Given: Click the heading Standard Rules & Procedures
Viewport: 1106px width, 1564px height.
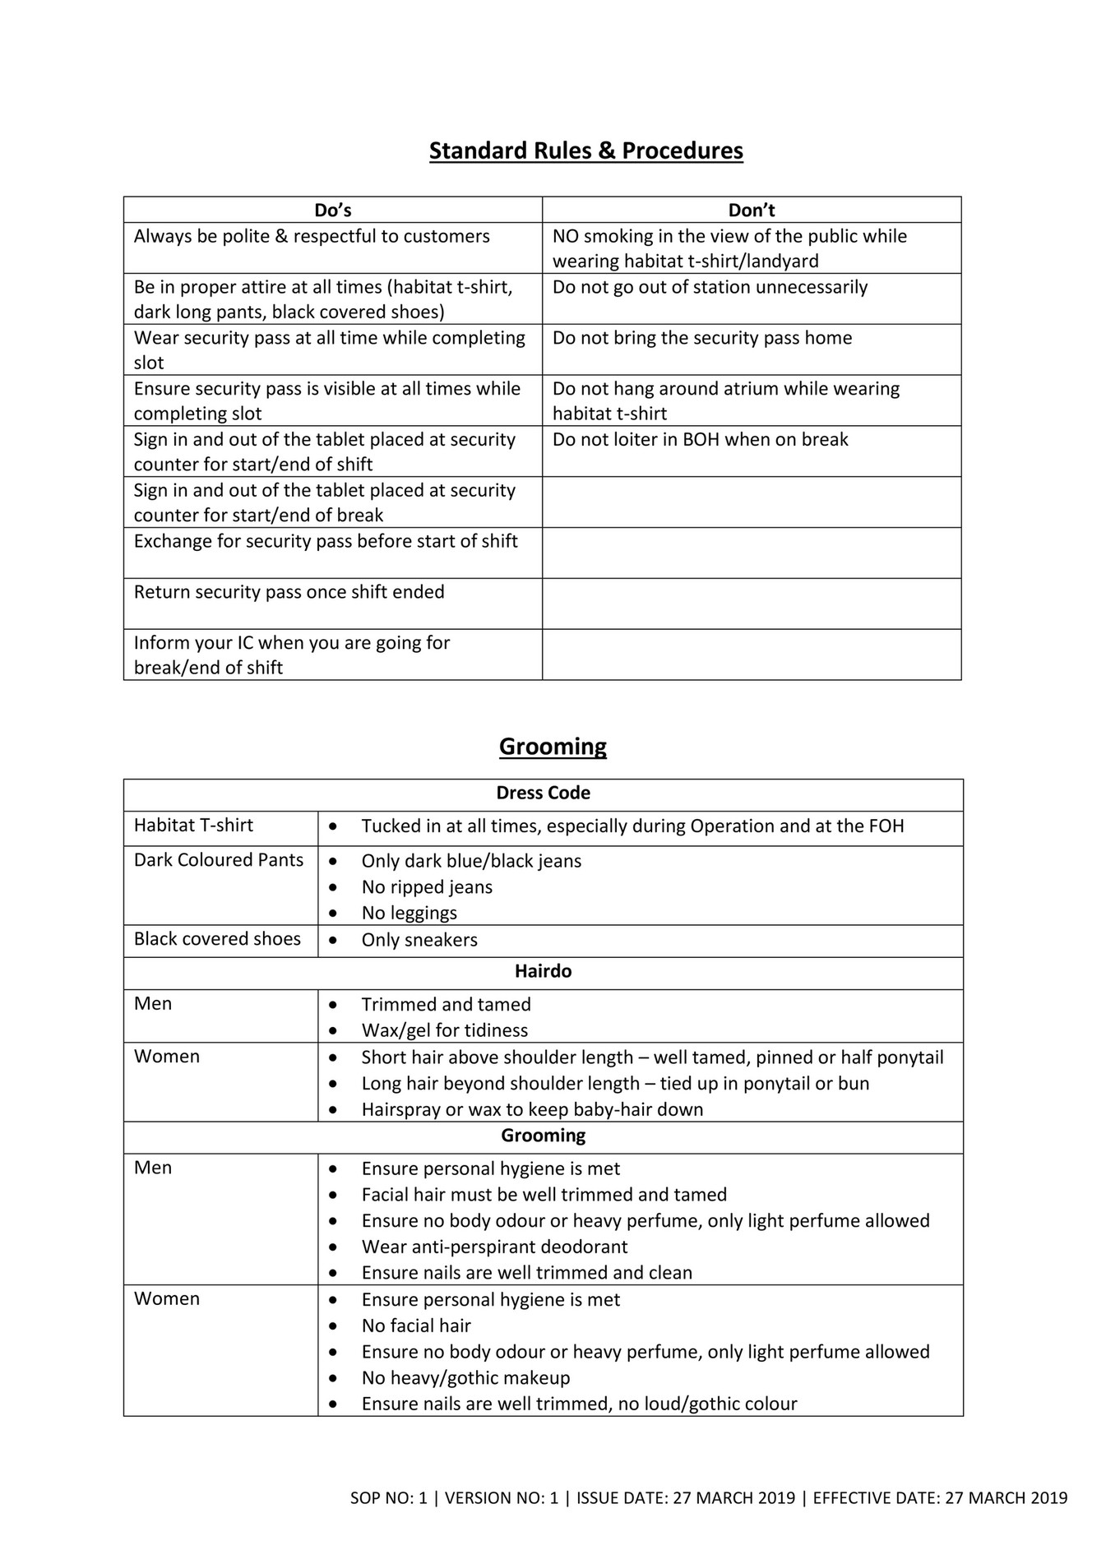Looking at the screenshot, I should [x=585, y=150].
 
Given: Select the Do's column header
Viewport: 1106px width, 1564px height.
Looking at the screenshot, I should [x=332, y=211].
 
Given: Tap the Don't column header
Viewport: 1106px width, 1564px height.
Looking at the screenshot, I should [x=751, y=211].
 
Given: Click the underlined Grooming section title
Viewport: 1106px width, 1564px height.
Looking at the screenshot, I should [x=553, y=747].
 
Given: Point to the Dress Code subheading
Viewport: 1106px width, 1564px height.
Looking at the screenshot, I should [x=543, y=794].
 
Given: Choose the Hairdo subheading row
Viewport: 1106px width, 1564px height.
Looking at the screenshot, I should [x=543, y=971].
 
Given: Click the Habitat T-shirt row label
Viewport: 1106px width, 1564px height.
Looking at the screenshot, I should [x=193, y=826].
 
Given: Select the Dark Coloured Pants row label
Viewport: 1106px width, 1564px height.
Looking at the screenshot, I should [x=219, y=860].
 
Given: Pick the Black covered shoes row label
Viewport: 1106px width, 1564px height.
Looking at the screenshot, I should [x=217, y=939].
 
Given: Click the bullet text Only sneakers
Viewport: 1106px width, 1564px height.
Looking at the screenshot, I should [x=419, y=941].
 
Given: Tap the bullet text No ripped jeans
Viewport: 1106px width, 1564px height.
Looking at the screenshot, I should [x=427, y=887].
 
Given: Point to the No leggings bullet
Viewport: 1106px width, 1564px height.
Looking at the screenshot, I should [x=409, y=914].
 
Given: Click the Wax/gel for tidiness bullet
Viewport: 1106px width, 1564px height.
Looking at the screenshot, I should [x=444, y=1031].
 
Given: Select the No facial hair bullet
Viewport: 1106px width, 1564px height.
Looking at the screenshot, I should [x=416, y=1326].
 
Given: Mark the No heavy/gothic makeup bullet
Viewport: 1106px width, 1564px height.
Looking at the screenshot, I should [x=465, y=1378].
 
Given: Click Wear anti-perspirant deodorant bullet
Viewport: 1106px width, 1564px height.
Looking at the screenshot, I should [x=494, y=1247].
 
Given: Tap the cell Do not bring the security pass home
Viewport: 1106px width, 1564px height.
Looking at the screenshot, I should [x=702, y=338].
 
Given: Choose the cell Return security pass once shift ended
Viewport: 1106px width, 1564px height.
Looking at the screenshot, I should [x=289, y=592].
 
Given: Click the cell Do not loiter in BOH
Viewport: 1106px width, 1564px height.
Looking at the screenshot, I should [x=700, y=440].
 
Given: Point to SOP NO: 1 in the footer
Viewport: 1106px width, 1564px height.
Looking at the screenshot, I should [x=388, y=1498].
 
